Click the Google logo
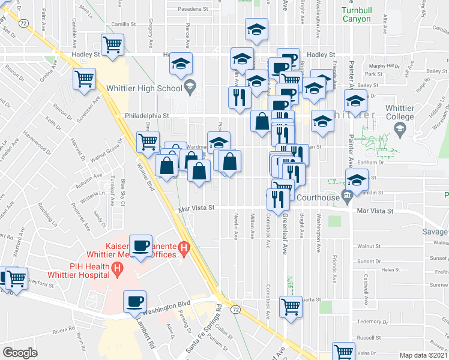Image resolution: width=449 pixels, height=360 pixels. click(x=20, y=353)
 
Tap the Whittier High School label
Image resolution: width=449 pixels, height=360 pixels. click(x=143, y=88)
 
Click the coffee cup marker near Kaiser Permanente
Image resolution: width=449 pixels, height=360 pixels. click(x=141, y=246)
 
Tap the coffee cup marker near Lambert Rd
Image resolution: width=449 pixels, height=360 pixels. click(x=134, y=301)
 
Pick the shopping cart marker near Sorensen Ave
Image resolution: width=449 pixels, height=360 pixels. click(x=85, y=79)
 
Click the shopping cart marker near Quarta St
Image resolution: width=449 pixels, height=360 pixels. click(x=291, y=307)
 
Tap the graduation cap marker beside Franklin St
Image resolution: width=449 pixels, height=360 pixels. click(x=357, y=181)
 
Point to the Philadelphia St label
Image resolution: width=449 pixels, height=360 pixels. click(x=147, y=116)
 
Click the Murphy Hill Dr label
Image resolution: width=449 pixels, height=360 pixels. click(x=384, y=65)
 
